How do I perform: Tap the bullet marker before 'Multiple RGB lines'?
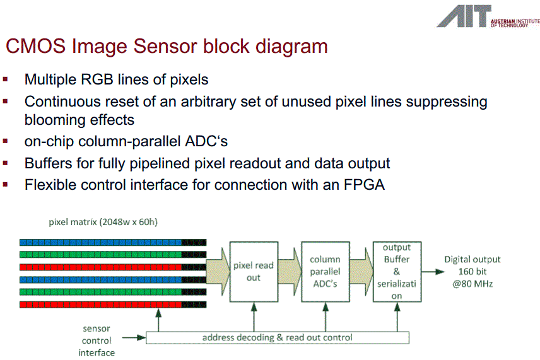coord(6,79)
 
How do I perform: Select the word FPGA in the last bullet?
coord(362,185)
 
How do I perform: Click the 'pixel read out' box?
coord(253,271)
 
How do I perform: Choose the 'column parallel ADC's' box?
coord(325,271)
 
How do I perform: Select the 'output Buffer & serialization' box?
coord(396,271)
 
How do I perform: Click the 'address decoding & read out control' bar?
coord(277,337)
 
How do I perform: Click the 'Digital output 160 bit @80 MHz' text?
coord(472,271)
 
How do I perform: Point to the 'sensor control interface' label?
coord(97,340)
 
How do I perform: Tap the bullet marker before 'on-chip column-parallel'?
coord(6,141)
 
